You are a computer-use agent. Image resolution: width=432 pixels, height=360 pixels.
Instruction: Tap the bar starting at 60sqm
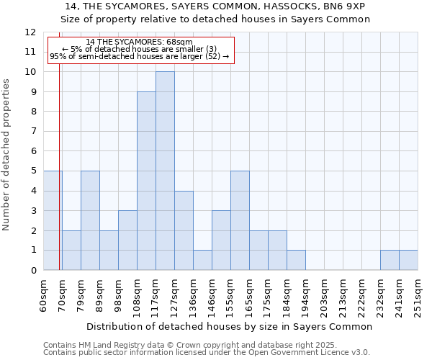(53, 220)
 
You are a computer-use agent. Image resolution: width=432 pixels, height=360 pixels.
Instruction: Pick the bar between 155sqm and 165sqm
(240, 220)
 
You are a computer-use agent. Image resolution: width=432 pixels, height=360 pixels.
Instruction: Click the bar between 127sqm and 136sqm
(184, 230)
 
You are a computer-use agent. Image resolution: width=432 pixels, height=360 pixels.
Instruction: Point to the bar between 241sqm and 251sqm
(408, 260)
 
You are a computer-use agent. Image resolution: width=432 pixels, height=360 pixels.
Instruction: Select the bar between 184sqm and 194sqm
(296, 260)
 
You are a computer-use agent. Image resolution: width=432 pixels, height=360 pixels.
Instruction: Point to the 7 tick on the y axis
(33, 132)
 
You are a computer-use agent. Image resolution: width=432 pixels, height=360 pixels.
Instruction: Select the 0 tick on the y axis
(33, 270)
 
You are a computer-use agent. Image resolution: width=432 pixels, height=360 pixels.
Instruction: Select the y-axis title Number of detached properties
(7, 155)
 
